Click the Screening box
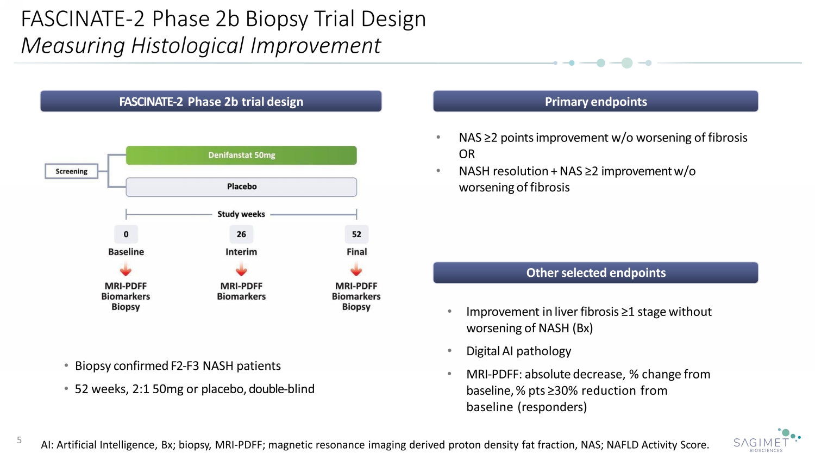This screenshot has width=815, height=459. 71,171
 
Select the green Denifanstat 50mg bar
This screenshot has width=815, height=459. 241,155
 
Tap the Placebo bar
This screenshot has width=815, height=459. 241,187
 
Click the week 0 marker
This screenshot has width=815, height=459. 126,234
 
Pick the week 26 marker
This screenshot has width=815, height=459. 241,234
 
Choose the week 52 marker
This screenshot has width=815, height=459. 356,234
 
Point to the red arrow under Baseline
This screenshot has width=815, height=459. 126,270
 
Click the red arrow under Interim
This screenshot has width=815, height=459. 241,270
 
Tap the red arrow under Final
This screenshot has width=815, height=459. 356,270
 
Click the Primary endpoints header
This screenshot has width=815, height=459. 595,102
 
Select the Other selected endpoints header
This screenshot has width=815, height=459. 595,273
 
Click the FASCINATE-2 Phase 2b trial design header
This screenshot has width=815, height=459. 211,102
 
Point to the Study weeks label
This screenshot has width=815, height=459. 241,214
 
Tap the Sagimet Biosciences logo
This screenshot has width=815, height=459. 766,441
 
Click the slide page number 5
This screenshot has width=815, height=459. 20,440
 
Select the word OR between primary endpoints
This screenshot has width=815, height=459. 467,154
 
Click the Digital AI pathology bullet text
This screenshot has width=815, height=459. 518,351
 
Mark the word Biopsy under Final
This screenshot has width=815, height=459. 356,307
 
